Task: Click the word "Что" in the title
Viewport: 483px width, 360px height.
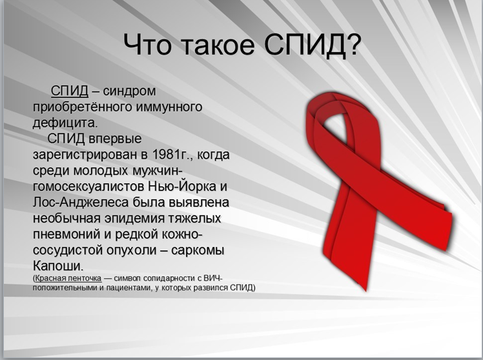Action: pyautogui.click(x=148, y=44)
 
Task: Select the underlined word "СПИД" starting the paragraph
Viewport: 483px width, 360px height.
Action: pyautogui.click(x=70, y=91)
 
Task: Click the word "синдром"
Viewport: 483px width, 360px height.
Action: pyautogui.click(x=129, y=91)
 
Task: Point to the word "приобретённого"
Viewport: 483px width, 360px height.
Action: pyautogui.click(x=82, y=107)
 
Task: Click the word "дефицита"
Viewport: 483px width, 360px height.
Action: pyautogui.click(x=65, y=123)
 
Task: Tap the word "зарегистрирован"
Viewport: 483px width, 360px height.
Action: pyautogui.click(x=85, y=154)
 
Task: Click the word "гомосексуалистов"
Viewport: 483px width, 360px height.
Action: pyautogui.click(x=88, y=186)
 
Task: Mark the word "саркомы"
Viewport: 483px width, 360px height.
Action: pyautogui.click(x=198, y=250)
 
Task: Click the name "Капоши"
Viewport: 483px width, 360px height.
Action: pyautogui.click(x=58, y=266)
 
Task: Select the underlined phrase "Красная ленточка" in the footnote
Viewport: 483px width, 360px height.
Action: pyautogui.click(x=68, y=279)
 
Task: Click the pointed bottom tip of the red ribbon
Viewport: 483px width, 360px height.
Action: pyautogui.click(x=365, y=290)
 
